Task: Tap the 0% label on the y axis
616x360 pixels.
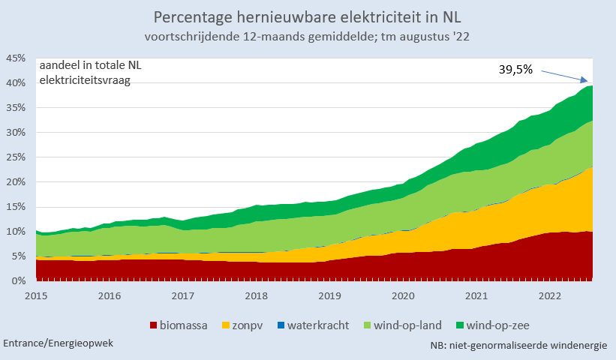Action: pyautogui.click(x=18, y=281)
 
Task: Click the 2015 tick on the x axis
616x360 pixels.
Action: pyautogui.click(x=37, y=295)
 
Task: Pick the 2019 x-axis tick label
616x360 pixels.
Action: pyautogui.click(x=331, y=295)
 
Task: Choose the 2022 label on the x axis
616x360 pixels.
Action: pyautogui.click(x=551, y=295)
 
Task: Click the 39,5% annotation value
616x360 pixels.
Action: pyautogui.click(x=515, y=69)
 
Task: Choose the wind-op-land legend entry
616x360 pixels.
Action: pyautogui.click(x=402, y=325)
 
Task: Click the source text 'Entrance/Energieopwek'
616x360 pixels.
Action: pyautogui.click(x=59, y=343)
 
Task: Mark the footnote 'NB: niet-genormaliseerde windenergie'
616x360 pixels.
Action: pyautogui.click(x=518, y=346)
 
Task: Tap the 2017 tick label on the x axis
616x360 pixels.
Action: pyautogui.click(x=184, y=295)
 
